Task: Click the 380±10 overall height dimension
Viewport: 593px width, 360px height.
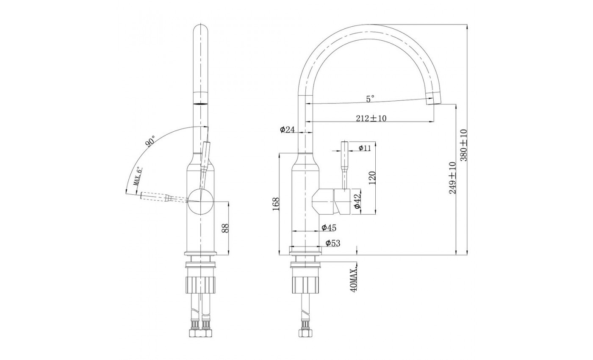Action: coord(464,145)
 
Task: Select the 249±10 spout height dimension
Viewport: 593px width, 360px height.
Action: coord(452,178)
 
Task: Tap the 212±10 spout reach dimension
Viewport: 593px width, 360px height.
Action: coord(371,118)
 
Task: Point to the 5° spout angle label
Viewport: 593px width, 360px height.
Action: coord(370,99)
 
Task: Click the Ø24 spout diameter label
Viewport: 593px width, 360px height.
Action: coord(287,130)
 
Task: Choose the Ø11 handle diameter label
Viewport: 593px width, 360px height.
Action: coord(365,148)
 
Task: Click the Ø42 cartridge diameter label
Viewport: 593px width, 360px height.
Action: coord(357,202)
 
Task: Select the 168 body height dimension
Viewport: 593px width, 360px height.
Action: coord(276,204)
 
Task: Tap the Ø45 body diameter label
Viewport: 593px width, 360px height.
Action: coord(329,227)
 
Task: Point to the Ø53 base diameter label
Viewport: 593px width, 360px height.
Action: coord(333,243)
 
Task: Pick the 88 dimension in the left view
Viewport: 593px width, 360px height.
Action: coord(225,228)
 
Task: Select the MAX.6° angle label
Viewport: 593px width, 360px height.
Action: coord(137,177)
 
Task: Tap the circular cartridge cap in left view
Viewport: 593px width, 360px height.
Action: coord(200,202)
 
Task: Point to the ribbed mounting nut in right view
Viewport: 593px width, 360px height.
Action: coord(306,285)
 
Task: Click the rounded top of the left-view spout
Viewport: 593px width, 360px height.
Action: coord(201,30)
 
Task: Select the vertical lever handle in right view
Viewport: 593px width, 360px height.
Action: coord(345,166)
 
